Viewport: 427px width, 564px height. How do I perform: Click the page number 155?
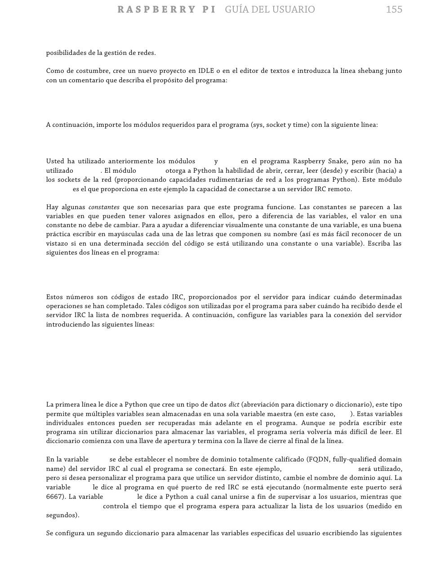pyautogui.click(x=394, y=9)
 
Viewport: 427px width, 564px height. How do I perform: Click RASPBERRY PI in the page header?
pyautogui.click(x=166, y=9)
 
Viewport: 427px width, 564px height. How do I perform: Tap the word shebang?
pyautogui.click(x=371, y=71)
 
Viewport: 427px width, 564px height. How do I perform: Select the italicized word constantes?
pyautogui.click(x=104, y=207)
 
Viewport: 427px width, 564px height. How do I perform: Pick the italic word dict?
pyautogui.click(x=234, y=405)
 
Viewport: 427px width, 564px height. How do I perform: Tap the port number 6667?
pyautogui.click(x=55, y=497)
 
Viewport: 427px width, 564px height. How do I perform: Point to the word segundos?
pyautogui.click(x=62, y=515)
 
